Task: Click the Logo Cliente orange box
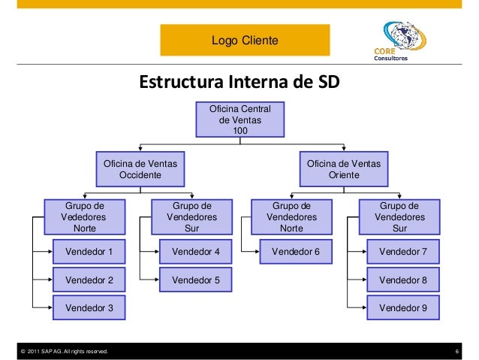[244, 39]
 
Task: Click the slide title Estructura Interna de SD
[239, 81]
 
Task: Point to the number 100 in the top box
[239, 131]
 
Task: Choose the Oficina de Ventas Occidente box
[140, 169]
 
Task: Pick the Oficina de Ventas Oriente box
[343, 169]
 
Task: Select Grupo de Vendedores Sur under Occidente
[191, 216]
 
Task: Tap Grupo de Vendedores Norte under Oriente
[291, 216]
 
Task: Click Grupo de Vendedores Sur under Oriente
[400, 216]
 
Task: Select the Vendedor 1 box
[89, 252]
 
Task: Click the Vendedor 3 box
[89, 307]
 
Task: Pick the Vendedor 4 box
[195, 252]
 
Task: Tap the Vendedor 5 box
[195, 280]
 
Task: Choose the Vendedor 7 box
[402, 252]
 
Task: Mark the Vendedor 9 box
[402, 307]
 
